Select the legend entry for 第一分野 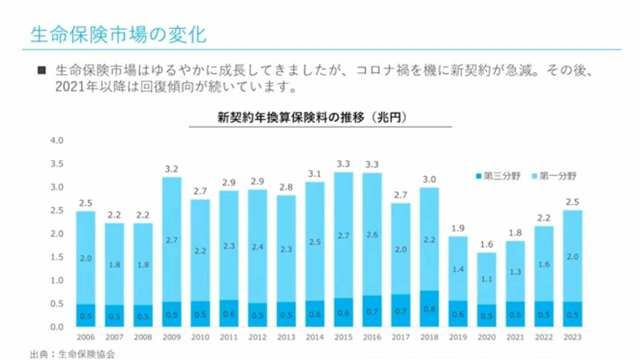(x=554, y=176)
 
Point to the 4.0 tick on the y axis (x=58, y=140)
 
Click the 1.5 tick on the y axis (x=58, y=257)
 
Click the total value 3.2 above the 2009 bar (x=172, y=169)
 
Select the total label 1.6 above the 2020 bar (x=486, y=245)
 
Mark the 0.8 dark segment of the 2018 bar (x=429, y=309)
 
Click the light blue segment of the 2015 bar (x=343, y=235)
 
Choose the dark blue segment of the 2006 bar (x=86, y=316)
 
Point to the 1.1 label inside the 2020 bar (x=486, y=279)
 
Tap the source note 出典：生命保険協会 (x=72, y=354)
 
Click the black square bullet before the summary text (x=42, y=70)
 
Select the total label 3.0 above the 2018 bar (x=429, y=180)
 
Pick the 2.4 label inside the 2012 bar (x=257, y=247)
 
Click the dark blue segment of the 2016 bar (x=372, y=312)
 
